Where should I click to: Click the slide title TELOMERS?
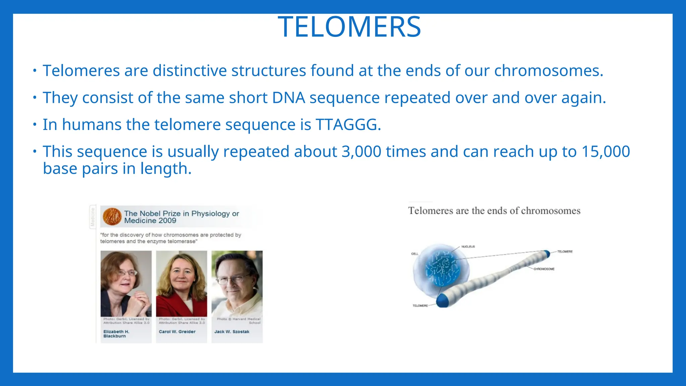point(349,27)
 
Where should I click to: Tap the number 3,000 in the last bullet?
point(361,151)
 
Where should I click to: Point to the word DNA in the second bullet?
point(288,98)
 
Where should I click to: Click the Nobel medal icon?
point(112,216)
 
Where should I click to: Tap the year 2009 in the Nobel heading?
point(167,221)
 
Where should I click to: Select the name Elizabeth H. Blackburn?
point(116,334)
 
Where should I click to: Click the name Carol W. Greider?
point(177,332)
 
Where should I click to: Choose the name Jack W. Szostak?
point(232,332)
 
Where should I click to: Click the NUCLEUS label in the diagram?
point(468,247)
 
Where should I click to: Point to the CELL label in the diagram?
point(415,254)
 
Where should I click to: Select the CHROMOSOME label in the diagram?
point(544,269)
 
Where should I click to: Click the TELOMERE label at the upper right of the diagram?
point(565,252)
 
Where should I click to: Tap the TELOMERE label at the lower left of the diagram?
point(420,306)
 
